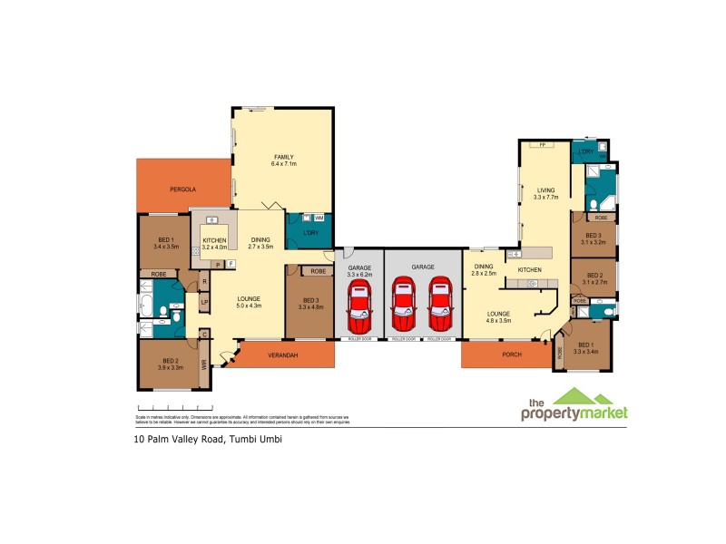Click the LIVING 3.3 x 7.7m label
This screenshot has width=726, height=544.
(x=544, y=193)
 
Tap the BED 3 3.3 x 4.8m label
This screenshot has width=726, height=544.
(x=310, y=304)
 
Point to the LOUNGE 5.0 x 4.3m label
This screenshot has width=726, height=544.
(x=250, y=302)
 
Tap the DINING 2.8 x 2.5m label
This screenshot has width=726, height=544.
(x=483, y=269)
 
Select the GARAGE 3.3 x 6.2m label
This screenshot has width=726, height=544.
(x=360, y=269)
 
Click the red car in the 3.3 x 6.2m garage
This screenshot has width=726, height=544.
(x=360, y=304)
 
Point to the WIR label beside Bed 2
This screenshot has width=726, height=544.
(x=204, y=364)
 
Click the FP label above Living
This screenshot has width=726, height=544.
(x=542, y=145)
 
